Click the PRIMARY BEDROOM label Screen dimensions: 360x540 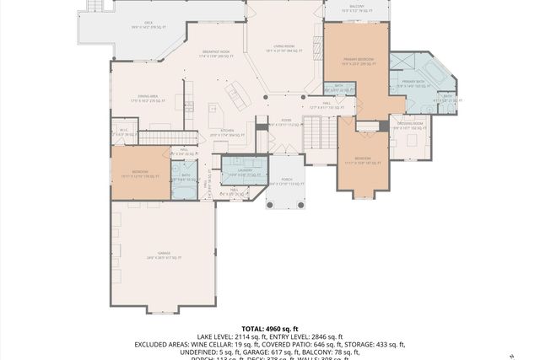[359, 61]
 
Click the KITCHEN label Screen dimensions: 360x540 [226, 132]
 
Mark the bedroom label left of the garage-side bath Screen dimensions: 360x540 [139, 175]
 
